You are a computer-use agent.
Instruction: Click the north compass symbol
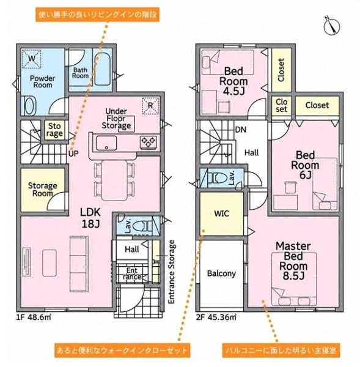tap(332, 26)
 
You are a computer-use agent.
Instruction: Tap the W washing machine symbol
tap(32, 59)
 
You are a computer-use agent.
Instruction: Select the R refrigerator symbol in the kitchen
tap(150, 106)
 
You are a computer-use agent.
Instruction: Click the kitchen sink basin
tap(106, 143)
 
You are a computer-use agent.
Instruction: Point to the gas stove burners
tap(149, 142)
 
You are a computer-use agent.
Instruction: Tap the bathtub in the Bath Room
tap(103, 69)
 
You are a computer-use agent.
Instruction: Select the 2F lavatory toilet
tap(218, 179)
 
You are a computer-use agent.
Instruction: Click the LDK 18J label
tap(90, 218)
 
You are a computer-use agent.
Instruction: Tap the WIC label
tap(221, 213)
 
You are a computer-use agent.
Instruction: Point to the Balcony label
tap(221, 273)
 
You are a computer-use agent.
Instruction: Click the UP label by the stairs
tap(73, 154)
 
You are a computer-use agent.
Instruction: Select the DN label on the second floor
tap(241, 130)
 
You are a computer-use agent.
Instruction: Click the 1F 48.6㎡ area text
tap(34, 317)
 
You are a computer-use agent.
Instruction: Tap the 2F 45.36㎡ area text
tap(216, 317)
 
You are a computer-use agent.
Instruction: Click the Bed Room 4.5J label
tap(233, 81)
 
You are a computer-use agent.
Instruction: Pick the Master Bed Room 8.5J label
tap(293, 261)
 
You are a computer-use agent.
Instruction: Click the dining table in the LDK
tap(114, 180)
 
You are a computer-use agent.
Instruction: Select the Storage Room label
tap(42, 190)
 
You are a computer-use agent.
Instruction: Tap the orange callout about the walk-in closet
tap(122, 350)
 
